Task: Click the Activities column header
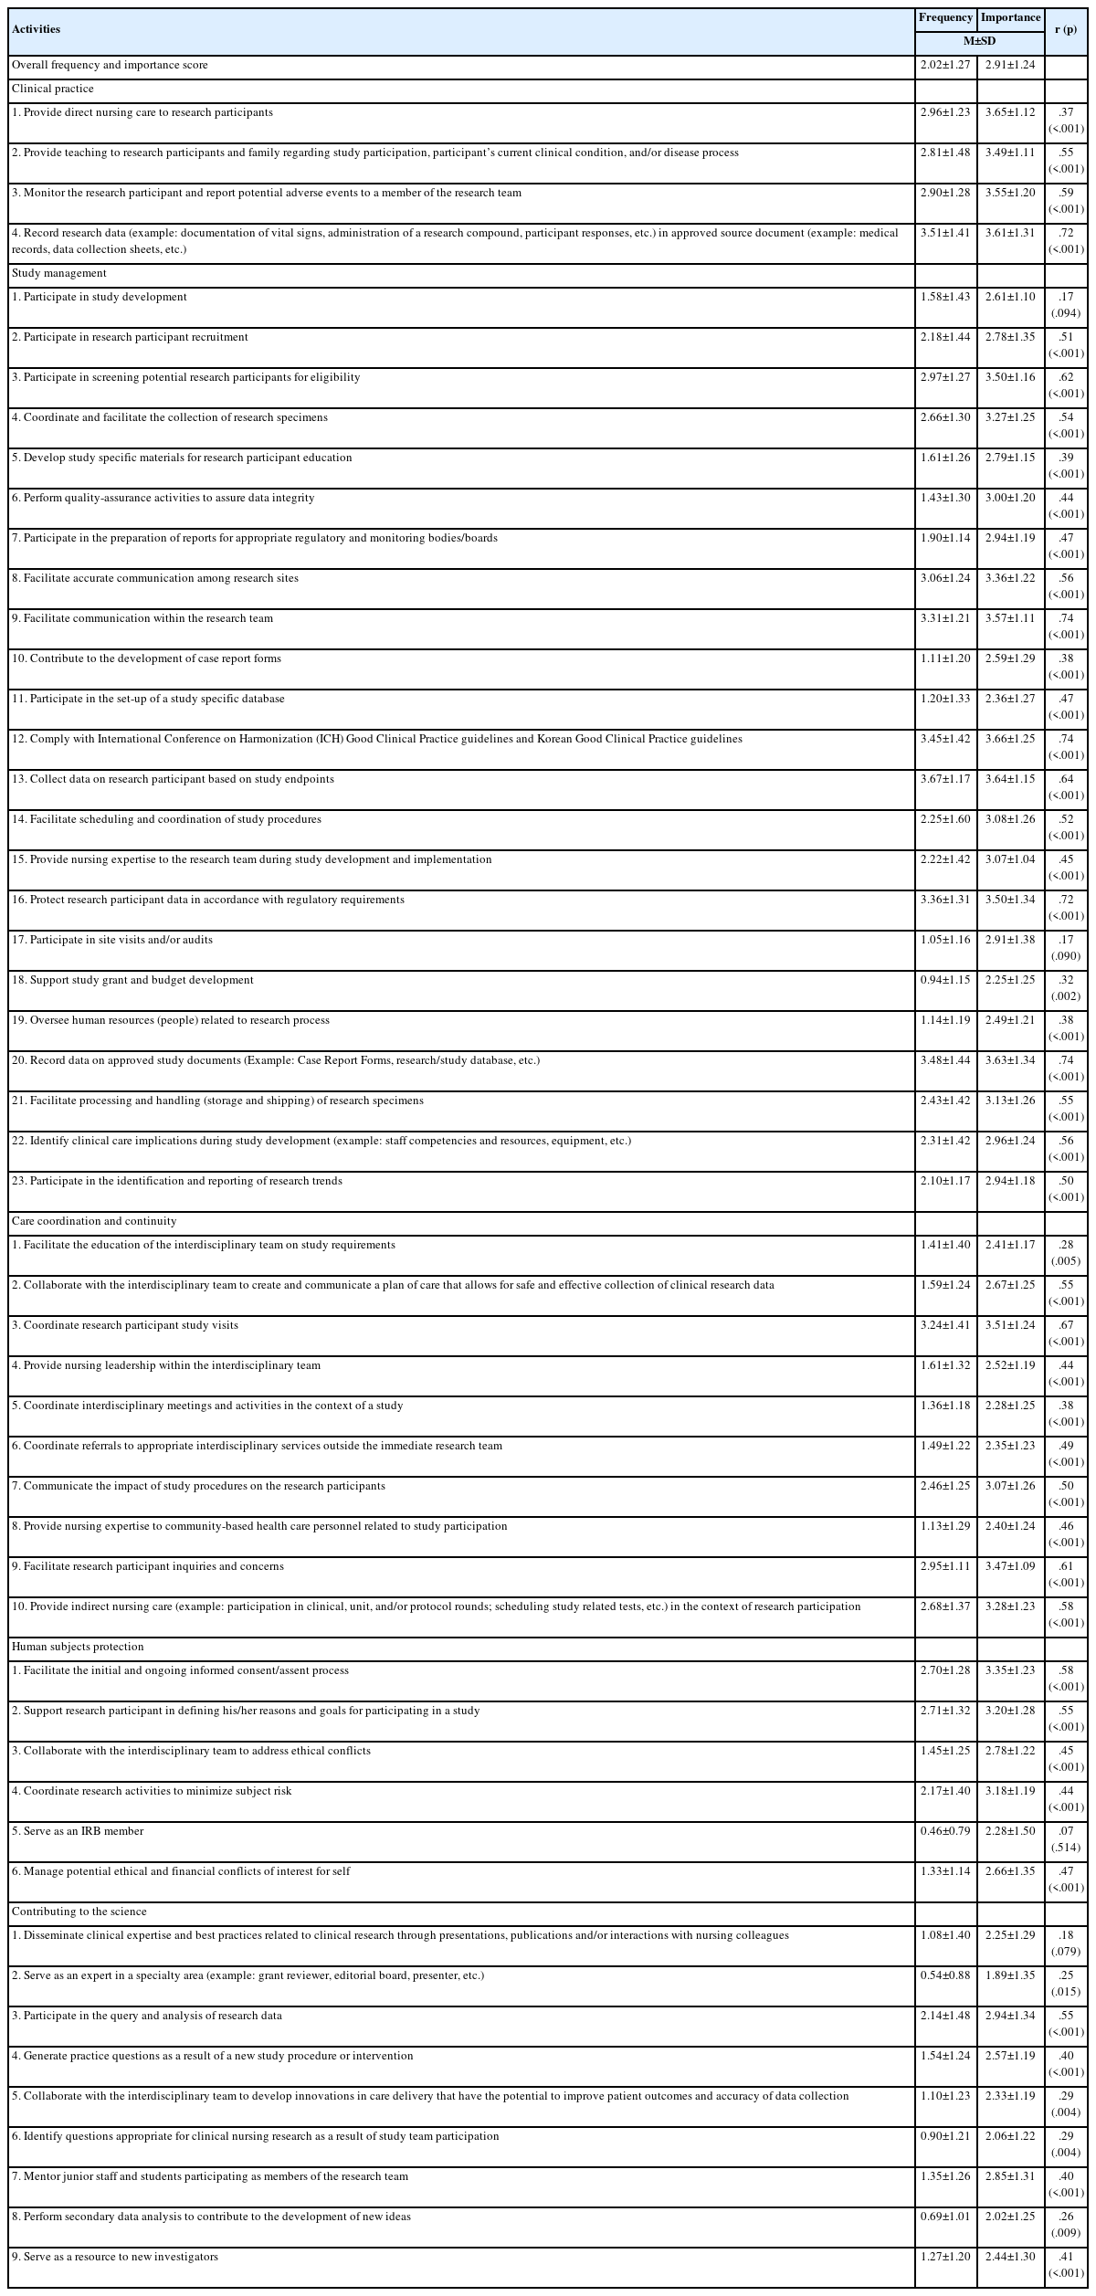point(37,29)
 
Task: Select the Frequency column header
point(945,17)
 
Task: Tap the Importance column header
point(1010,17)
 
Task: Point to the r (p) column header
point(1066,29)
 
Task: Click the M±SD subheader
point(978,41)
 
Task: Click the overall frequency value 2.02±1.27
point(945,66)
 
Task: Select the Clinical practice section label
point(52,90)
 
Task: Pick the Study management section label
point(58,273)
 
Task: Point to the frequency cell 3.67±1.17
point(945,779)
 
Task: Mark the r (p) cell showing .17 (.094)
point(1066,305)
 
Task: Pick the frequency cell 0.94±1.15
point(945,980)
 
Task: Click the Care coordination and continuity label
point(94,1221)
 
